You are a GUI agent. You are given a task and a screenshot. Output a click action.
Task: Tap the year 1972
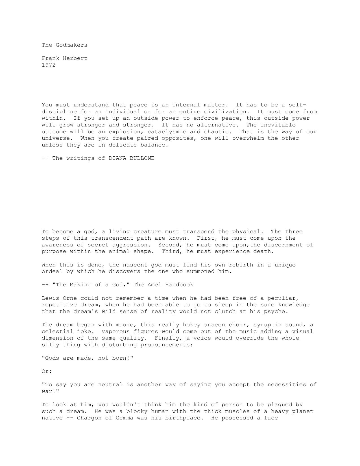(x=49, y=65)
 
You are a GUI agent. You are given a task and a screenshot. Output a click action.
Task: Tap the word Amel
(x=154, y=285)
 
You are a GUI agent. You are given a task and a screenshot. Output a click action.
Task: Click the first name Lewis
(x=50, y=298)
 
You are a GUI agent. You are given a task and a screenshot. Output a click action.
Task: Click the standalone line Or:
(x=47, y=371)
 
